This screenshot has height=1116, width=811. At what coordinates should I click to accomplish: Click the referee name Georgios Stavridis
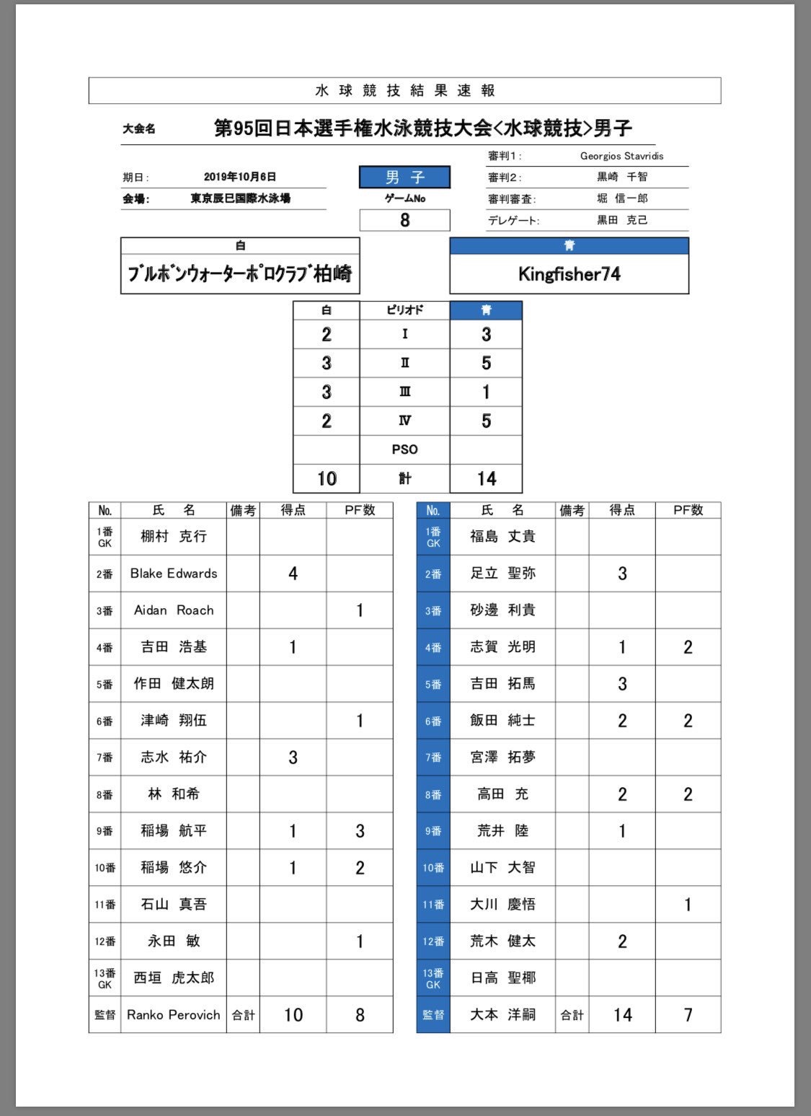(x=621, y=156)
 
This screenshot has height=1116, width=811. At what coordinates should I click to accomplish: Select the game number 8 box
(x=404, y=220)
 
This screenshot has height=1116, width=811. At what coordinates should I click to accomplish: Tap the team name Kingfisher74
(x=569, y=274)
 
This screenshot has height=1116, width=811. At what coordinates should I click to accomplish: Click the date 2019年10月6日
(x=239, y=177)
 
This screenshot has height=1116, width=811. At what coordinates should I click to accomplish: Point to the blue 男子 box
(x=404, y=177)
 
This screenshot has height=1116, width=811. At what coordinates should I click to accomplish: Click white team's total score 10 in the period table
(x=327, y=478)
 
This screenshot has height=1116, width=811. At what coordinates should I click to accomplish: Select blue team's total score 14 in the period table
(x=486, y=478)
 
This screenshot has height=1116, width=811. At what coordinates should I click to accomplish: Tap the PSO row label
(x=404, y=449)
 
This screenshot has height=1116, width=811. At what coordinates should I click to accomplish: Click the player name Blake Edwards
(x=173, y=574)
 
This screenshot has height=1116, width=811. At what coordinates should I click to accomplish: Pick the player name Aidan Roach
(x=173, y=610)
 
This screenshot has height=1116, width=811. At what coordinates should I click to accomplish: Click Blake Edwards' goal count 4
(x=293, y=574)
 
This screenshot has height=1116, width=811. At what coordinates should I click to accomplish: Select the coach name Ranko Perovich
(x=173, y=1014)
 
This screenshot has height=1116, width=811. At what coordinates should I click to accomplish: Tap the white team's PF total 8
(x=360, y=1015)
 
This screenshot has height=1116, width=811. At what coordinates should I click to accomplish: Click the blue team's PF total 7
(x=688, y=1015)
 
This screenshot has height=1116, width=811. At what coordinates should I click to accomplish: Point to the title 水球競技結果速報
(x=404, y=91)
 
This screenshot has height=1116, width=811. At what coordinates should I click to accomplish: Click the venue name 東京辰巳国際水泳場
(x=240, y=198)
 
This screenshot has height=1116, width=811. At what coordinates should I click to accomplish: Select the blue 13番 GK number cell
(x=433, y=978)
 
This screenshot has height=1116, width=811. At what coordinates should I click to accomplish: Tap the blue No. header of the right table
(x=433, y=511)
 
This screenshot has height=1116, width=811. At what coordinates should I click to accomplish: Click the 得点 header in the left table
(x=293, y=511)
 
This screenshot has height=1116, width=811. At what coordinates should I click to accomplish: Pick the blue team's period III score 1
(x=486, y=392)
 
